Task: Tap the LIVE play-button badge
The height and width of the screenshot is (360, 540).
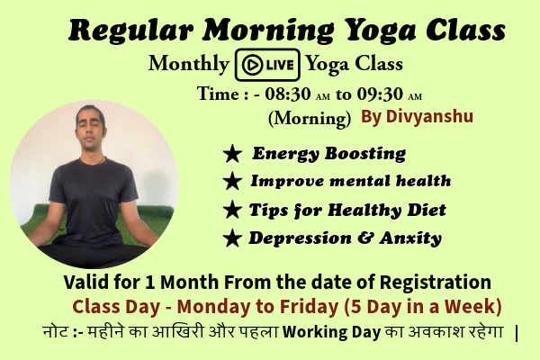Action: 266,65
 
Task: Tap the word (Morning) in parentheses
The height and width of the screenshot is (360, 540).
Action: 309,117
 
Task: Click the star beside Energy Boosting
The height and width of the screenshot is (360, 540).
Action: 232,155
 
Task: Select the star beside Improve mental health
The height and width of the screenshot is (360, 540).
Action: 232,182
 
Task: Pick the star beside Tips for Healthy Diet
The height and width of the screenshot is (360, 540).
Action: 232,211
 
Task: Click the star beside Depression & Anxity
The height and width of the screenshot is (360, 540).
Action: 232,238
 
